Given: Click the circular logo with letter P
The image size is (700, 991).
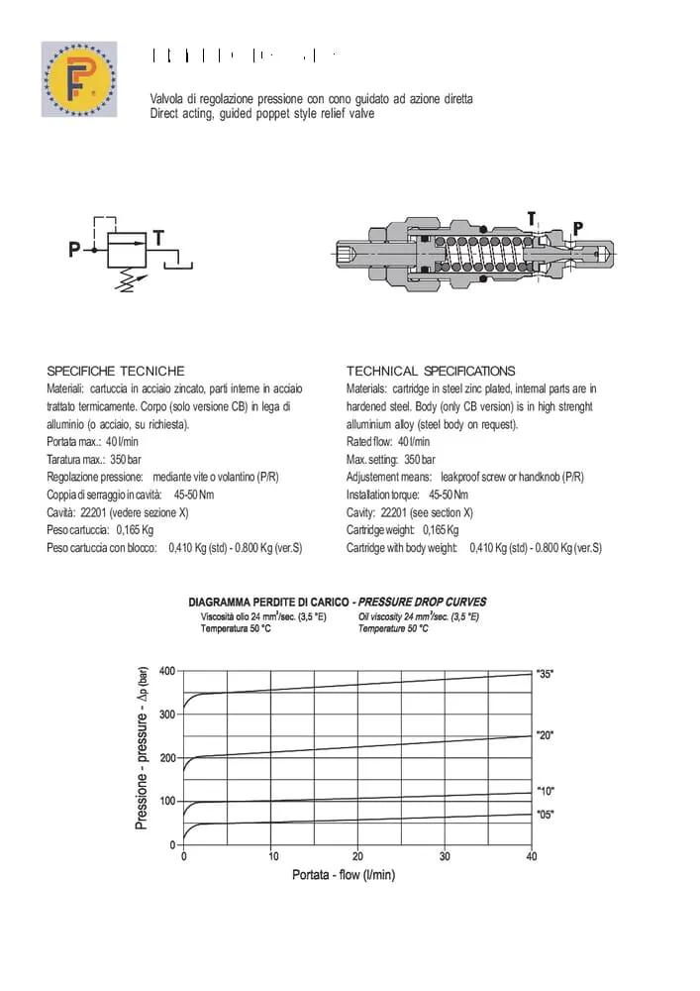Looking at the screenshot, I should coord(79,79).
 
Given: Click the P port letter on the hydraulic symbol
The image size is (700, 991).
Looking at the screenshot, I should coord(73,250).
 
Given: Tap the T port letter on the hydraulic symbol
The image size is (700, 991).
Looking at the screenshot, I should coord(158,238).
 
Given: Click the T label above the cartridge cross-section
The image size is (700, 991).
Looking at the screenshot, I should coord(532,218).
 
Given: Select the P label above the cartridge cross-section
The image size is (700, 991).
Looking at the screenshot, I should coord(578,229).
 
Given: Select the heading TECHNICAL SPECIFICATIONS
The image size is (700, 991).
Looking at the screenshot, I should coord(431,371).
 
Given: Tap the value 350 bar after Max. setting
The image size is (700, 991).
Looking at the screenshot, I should coord(420,460).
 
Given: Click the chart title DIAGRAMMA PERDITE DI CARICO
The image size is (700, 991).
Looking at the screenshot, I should coord(270,602).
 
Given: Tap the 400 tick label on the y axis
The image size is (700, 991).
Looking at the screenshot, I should coord(166,671).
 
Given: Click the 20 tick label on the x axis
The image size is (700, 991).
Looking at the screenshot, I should coord(357,856).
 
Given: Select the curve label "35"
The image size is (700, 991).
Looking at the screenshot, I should coord(545,674).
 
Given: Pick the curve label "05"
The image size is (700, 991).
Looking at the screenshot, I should coord(545,815).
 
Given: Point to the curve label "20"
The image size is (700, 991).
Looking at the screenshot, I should coord(545,735).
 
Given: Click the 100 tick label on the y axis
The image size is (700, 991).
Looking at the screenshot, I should coord(166,801).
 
